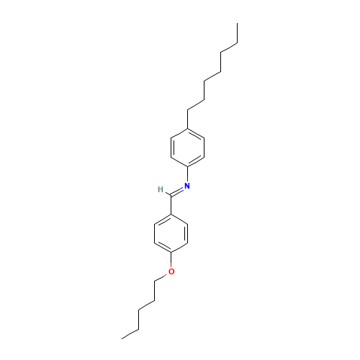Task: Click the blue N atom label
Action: [x=187, y=186]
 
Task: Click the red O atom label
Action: [x=171, y=271]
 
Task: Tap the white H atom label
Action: [x=160, y=189]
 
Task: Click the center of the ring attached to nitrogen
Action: [x=188, y=148]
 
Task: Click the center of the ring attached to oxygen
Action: [x=171, y=233]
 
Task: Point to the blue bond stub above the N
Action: [x=187, y=176]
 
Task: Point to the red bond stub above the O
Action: [x=171, y=262]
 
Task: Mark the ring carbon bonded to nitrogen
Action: [x=188, y=167]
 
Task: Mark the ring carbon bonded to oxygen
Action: [x=171, y=252]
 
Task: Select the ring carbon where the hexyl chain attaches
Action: [x=188, y=128]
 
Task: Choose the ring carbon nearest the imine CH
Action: [x=171, y=213]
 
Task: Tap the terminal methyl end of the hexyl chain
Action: [x=237, y=44]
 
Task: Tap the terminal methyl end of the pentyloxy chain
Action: [x=123, y=337]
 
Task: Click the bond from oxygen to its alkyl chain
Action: [x=163, y=278]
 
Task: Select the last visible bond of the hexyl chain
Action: [x=228, y=49]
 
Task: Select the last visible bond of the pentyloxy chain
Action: [x=131, y=332]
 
